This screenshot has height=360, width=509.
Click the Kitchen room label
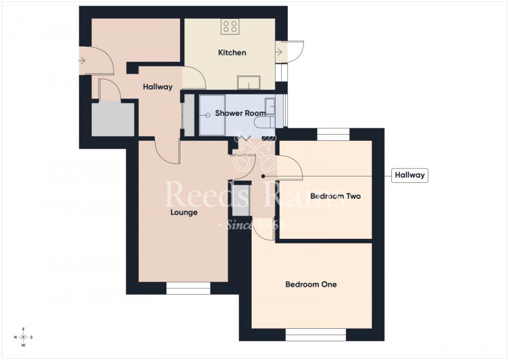[x=232, y=53]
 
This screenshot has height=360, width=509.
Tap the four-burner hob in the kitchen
[x=230, y=26]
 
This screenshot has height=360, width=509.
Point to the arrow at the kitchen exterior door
[x=279, y=52]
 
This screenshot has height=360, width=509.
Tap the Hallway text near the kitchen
[x=157, y=87]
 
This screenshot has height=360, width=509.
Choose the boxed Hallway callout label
[x=409, y=175]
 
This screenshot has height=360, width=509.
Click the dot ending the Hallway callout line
[x=263, y=176]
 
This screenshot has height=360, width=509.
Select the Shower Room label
[x=240, y=113]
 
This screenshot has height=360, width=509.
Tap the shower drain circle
[x=208, y=115]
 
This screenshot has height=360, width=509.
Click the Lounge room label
[x=184, y=213]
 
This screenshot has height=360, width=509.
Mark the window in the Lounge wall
[x=188, y=289]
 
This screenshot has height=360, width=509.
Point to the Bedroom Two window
[x=333, y=134]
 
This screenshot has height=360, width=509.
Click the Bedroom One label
[x=310, y=284]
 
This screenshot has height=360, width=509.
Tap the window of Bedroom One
[x=316, y=335]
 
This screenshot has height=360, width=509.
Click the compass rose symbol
[x=23, y=337]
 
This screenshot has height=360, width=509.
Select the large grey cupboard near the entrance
[x=113, y=119]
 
